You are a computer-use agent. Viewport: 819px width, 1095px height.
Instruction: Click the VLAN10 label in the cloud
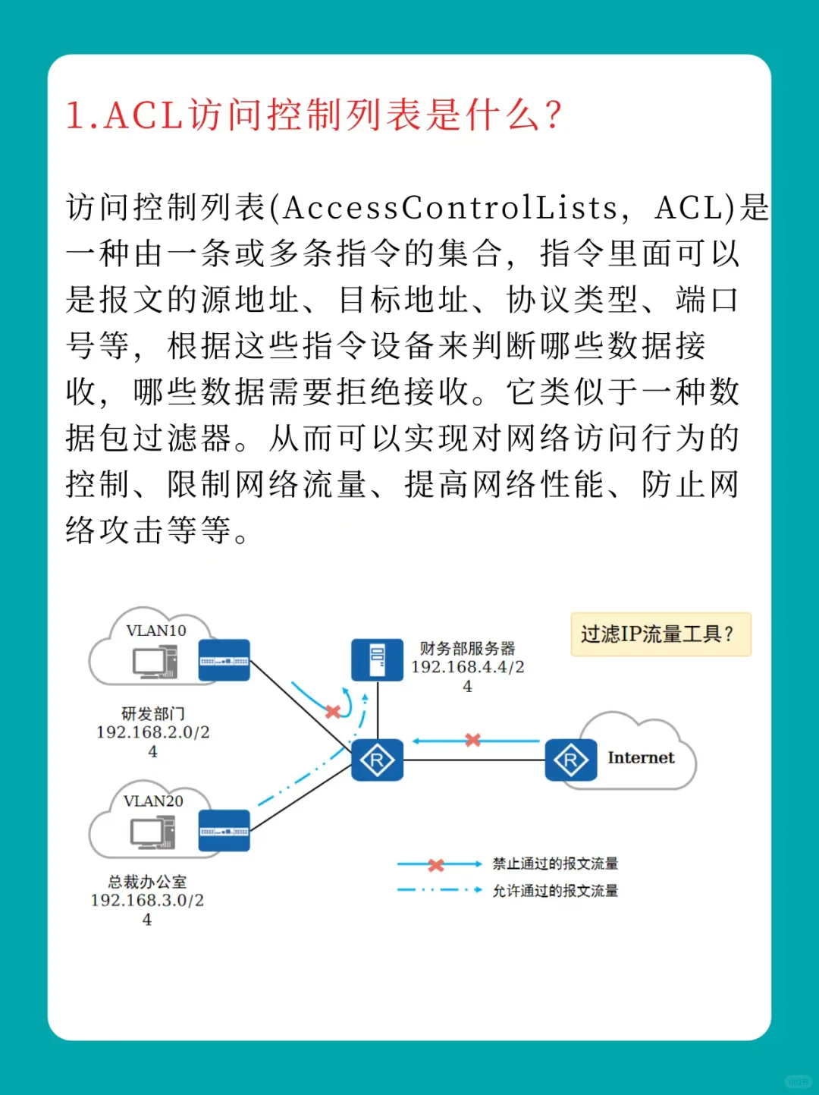[156, 631]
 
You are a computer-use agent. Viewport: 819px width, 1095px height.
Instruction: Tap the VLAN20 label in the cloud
[153, 801]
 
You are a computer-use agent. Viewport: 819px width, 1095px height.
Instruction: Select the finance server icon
[377, 660]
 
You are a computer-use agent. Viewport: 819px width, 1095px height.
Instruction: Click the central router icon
[377, 760]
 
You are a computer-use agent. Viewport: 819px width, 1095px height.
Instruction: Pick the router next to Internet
[570, 760]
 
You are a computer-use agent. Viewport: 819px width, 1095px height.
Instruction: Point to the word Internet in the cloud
[641, 757]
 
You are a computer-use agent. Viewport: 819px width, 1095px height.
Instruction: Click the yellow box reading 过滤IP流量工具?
[661, 634]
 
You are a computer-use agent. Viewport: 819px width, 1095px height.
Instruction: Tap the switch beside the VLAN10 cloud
[224, 660]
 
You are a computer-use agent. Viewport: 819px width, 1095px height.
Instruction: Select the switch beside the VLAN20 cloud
[224, 831]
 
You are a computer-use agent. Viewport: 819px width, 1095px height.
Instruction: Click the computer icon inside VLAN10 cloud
[155, 662]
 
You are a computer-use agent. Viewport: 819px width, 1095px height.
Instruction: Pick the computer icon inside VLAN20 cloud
[153, 832]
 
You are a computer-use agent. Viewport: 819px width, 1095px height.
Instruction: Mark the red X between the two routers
[473, 740]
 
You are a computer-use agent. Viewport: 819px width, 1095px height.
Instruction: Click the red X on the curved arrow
[332, 712]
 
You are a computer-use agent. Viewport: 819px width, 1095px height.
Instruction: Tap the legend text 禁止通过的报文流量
[555, 864]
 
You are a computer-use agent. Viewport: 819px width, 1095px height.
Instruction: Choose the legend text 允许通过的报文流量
[555, 891]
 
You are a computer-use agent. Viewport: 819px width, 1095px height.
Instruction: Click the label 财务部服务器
[467, 649]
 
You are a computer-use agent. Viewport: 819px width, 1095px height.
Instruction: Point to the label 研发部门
[153, 714]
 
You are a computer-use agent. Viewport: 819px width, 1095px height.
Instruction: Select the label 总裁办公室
[147, 882]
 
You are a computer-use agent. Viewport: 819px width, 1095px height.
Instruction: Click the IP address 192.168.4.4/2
[467, 667]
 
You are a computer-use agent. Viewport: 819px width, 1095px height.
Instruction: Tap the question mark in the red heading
[553, 116]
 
